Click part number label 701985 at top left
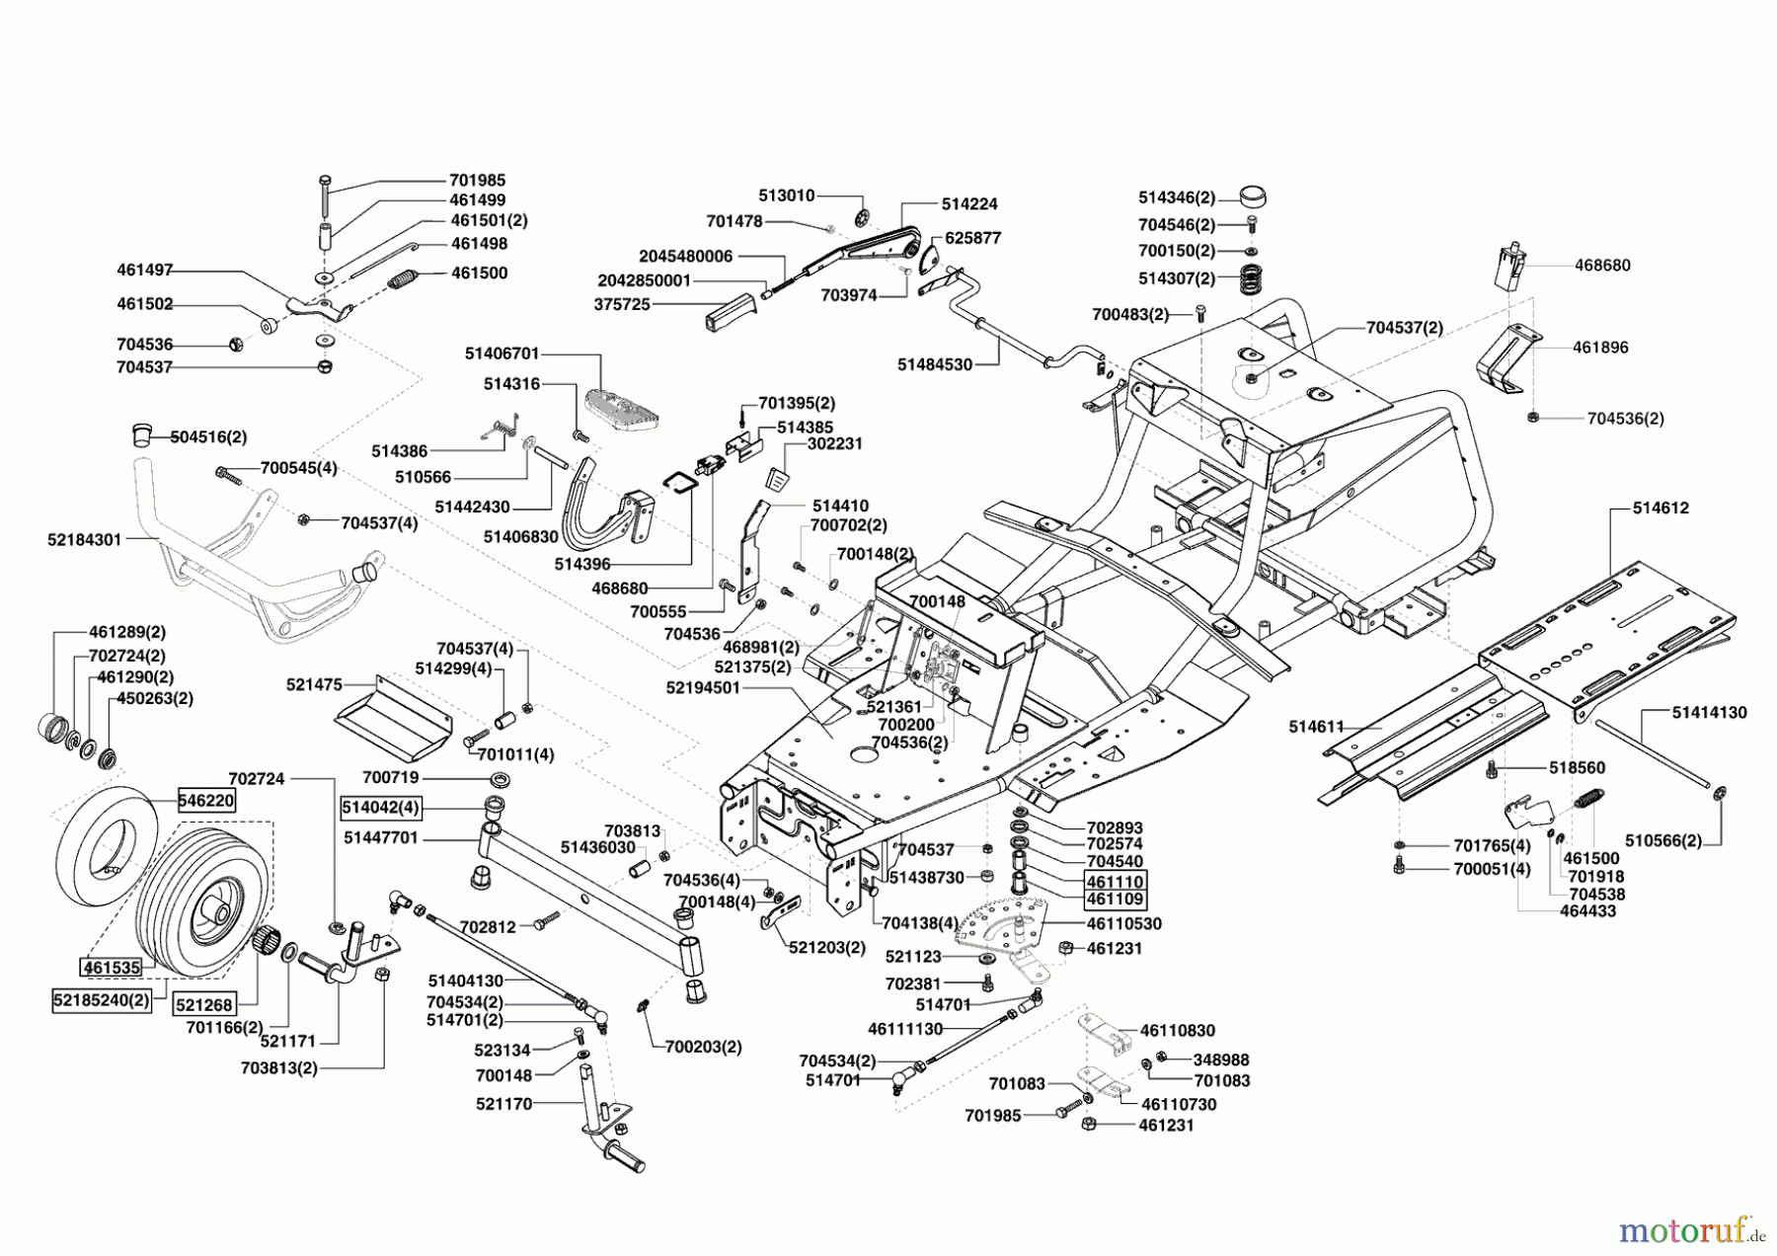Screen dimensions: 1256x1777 pyautogui.click(x=477, y=181)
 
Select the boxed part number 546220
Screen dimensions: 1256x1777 pyautogui.click(x=206, y=800)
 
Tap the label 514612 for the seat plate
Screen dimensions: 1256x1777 pyautogui.click(x=1661, y=508)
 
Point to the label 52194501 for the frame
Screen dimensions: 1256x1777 pyautogui.click(x=703, y=688)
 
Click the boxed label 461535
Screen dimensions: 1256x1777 pyautogui.click(x=113, y=968)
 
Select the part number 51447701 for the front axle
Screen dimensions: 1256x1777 pyautogui.click(x=381, y=837)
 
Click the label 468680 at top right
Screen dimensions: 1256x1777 pyautogui.click(x=1602, y=265)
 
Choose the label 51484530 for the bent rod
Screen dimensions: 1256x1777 pyautogui.click(x=934, y=364)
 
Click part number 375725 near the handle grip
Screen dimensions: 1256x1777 pyautogui.click(x=622, y=305)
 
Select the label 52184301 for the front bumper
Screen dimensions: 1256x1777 pyautogui.click(x=84, y=540)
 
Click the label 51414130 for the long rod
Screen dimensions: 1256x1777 pyautogui.click(x=1709, y=712)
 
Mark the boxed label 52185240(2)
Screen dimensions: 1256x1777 pyautogui.click(x=102, y=999)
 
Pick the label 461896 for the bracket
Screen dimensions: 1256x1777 pyautogui.click(x=1600, y=347)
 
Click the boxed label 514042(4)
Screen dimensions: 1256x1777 pyautogui.click(x=381, y=808)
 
